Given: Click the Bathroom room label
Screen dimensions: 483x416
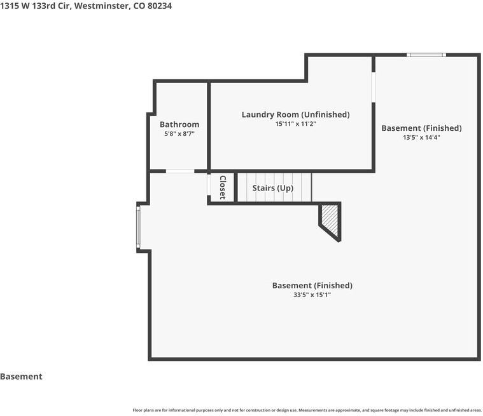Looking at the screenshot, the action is click(x=179, y=124).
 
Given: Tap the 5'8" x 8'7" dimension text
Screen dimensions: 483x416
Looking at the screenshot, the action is click(x=179, y=134).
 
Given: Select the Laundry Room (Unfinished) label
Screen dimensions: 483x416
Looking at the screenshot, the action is click(x=296, y=115).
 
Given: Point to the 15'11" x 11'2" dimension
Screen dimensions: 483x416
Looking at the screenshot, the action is click(x=296, y=124).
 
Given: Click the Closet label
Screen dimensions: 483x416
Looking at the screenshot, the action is click(x=223, y=187).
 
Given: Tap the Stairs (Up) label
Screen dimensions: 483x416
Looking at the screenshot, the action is click(x=273, y=188).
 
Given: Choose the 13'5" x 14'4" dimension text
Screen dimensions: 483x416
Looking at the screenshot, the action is click(x=421, y=137).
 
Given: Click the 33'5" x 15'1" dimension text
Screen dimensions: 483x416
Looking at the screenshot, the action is click(x=312, y=295).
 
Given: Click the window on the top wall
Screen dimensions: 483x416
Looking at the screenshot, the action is click(x=426, y=55).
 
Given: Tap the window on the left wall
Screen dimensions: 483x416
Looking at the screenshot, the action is click(x=138, y=227).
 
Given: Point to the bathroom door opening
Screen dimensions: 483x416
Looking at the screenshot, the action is click(x=180, y=171).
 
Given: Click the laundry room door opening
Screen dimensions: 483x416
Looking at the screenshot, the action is click(x=374, y=87).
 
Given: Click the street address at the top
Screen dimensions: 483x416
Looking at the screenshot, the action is click(x=86, y=6).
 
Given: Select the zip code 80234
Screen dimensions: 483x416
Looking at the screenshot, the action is click(x=160, y=6).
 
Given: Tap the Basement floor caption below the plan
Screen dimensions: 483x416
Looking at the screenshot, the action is click(x=21, y=377).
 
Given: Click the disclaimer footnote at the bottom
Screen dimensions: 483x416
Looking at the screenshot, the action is click(x=307, y=410).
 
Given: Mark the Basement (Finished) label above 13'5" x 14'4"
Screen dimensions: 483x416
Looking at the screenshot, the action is click(x=421, y=128).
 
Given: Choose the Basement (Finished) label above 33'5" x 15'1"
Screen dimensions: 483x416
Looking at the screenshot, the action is click(x=312, y=286).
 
